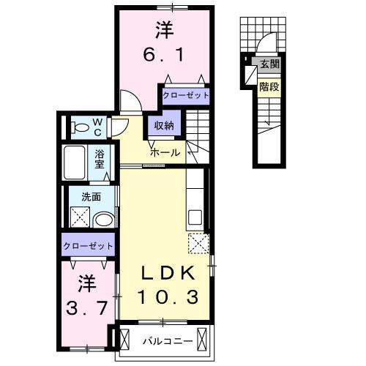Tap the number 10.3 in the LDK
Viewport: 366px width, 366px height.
tap(168, 298)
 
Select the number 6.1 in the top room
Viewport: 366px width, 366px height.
tap(163, 55)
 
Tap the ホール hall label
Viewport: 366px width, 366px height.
tap(165, 153)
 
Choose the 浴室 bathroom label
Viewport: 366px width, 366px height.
tap(101, 158)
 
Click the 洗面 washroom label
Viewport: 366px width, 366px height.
tap(91, 196)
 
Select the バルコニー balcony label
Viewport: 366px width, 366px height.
tap(167, 340)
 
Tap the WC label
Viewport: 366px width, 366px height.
tap(97, 127)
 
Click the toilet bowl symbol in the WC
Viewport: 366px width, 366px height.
tap(79, 127)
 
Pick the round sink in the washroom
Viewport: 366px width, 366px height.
tap(104, 219)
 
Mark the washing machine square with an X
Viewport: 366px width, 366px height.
tap(79, 217)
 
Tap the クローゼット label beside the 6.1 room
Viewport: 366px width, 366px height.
tap(184, 95)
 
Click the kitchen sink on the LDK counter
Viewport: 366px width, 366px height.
tap(195, 217)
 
